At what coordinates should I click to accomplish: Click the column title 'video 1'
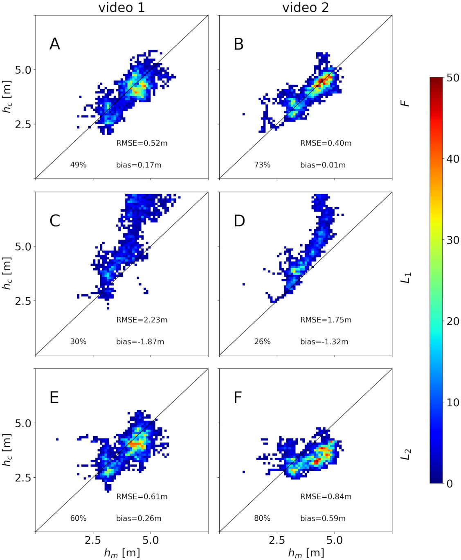point(121,7)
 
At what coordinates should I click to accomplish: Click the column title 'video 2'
point(305,7)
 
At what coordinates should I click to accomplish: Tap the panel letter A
point(55,44)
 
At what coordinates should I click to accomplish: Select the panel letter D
point(239,221)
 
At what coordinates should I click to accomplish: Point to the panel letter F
point(238,397)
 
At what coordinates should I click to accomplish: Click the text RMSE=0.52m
point(142,143)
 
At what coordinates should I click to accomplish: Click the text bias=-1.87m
point(140,342)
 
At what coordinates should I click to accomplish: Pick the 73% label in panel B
point(262,165)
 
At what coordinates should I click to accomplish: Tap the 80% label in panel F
point(262,518)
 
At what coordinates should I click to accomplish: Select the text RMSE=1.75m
point(326,320)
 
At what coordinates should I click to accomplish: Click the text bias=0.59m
point(323,518)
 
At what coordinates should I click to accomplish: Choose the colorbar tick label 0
point(450,483)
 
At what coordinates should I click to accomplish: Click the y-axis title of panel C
point(7,273)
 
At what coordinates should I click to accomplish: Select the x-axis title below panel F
point(306,553)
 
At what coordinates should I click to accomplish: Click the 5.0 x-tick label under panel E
point(151,540)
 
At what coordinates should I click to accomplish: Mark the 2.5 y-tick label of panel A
point(23,124)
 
